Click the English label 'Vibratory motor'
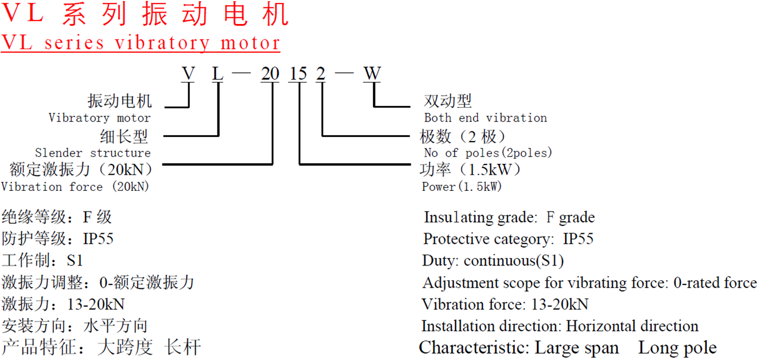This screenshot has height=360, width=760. pos(99,118)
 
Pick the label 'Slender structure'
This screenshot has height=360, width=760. pos(93,153)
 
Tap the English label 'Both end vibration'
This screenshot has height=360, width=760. pos(485,118)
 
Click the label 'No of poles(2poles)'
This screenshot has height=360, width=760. pos(488,153)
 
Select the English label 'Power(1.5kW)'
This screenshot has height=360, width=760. pos(462,187)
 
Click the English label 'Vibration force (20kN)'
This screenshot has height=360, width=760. pos(75,187)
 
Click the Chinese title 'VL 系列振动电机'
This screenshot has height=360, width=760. pos(146,15)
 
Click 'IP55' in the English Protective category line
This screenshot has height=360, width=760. pos(578,239)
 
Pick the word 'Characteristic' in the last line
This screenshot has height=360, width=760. pos(474,348)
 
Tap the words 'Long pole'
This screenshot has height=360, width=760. pos(677,348)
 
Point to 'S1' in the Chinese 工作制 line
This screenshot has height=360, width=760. pos(75,261)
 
